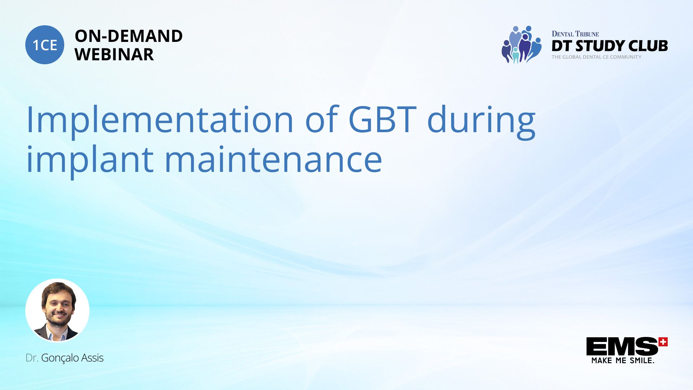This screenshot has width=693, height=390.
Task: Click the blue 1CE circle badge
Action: (x=45, y=45)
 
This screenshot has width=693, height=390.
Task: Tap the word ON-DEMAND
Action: (x=128, y=36)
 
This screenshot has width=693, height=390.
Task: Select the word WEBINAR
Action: (x=114, y=55)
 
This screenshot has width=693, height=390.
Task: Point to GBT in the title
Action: (x=382, y=119)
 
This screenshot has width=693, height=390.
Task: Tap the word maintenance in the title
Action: (x=273, y=159)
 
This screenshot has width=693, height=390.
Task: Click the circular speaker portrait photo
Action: (x=57, y=311)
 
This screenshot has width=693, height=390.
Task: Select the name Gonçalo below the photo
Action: (x=60, y=358)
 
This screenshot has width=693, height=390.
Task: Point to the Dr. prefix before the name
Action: (x=32, y=358)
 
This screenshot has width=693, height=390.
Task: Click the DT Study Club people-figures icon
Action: (x=522, y=45)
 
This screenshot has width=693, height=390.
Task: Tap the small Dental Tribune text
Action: (x=575, y=34)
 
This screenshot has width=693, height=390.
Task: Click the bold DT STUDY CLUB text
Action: (x=610, y=46)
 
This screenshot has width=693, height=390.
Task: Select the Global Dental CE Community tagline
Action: (x=596, y=57)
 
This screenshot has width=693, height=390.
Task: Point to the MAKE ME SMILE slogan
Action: (x=623, y=360)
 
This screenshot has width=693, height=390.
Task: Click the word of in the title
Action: (x=321, y=119)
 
